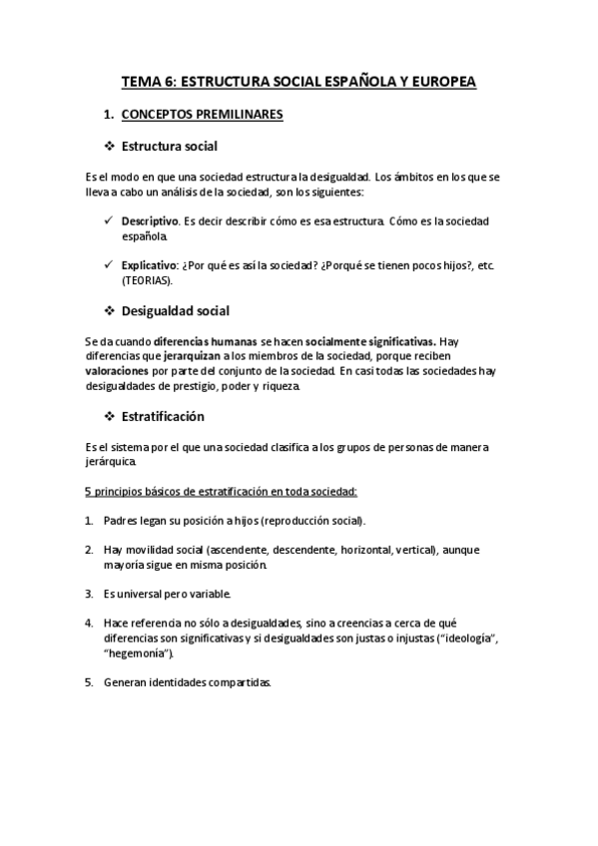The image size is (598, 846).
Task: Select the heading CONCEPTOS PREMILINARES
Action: click(x=203, y=115)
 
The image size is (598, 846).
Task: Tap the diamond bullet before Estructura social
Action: click(x=109, y=147)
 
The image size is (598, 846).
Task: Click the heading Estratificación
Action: click(x=163, y=415)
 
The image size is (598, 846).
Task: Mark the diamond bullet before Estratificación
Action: click(x=109, y=415)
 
